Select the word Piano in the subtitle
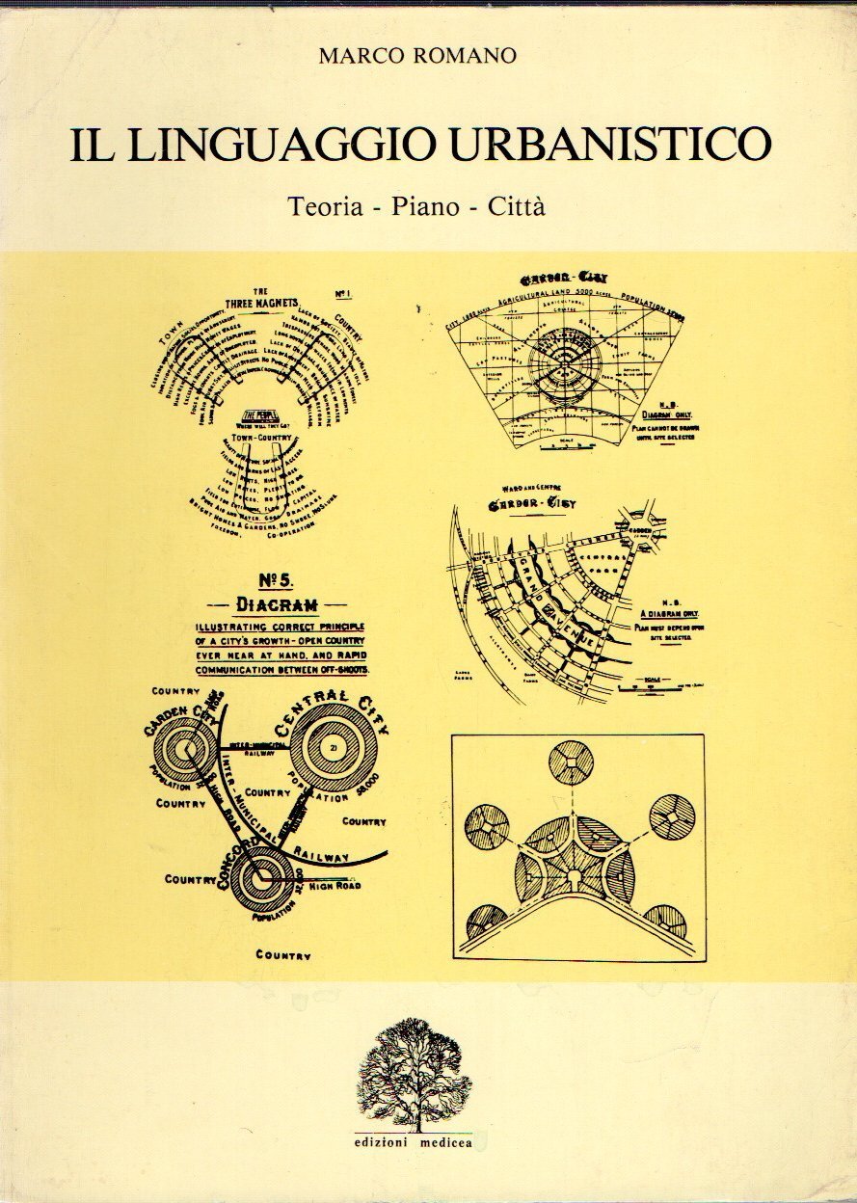pos(424,206)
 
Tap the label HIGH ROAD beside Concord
pos(334,884)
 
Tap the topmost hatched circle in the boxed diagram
pos(571,763)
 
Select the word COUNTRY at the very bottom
pos(282,954)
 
